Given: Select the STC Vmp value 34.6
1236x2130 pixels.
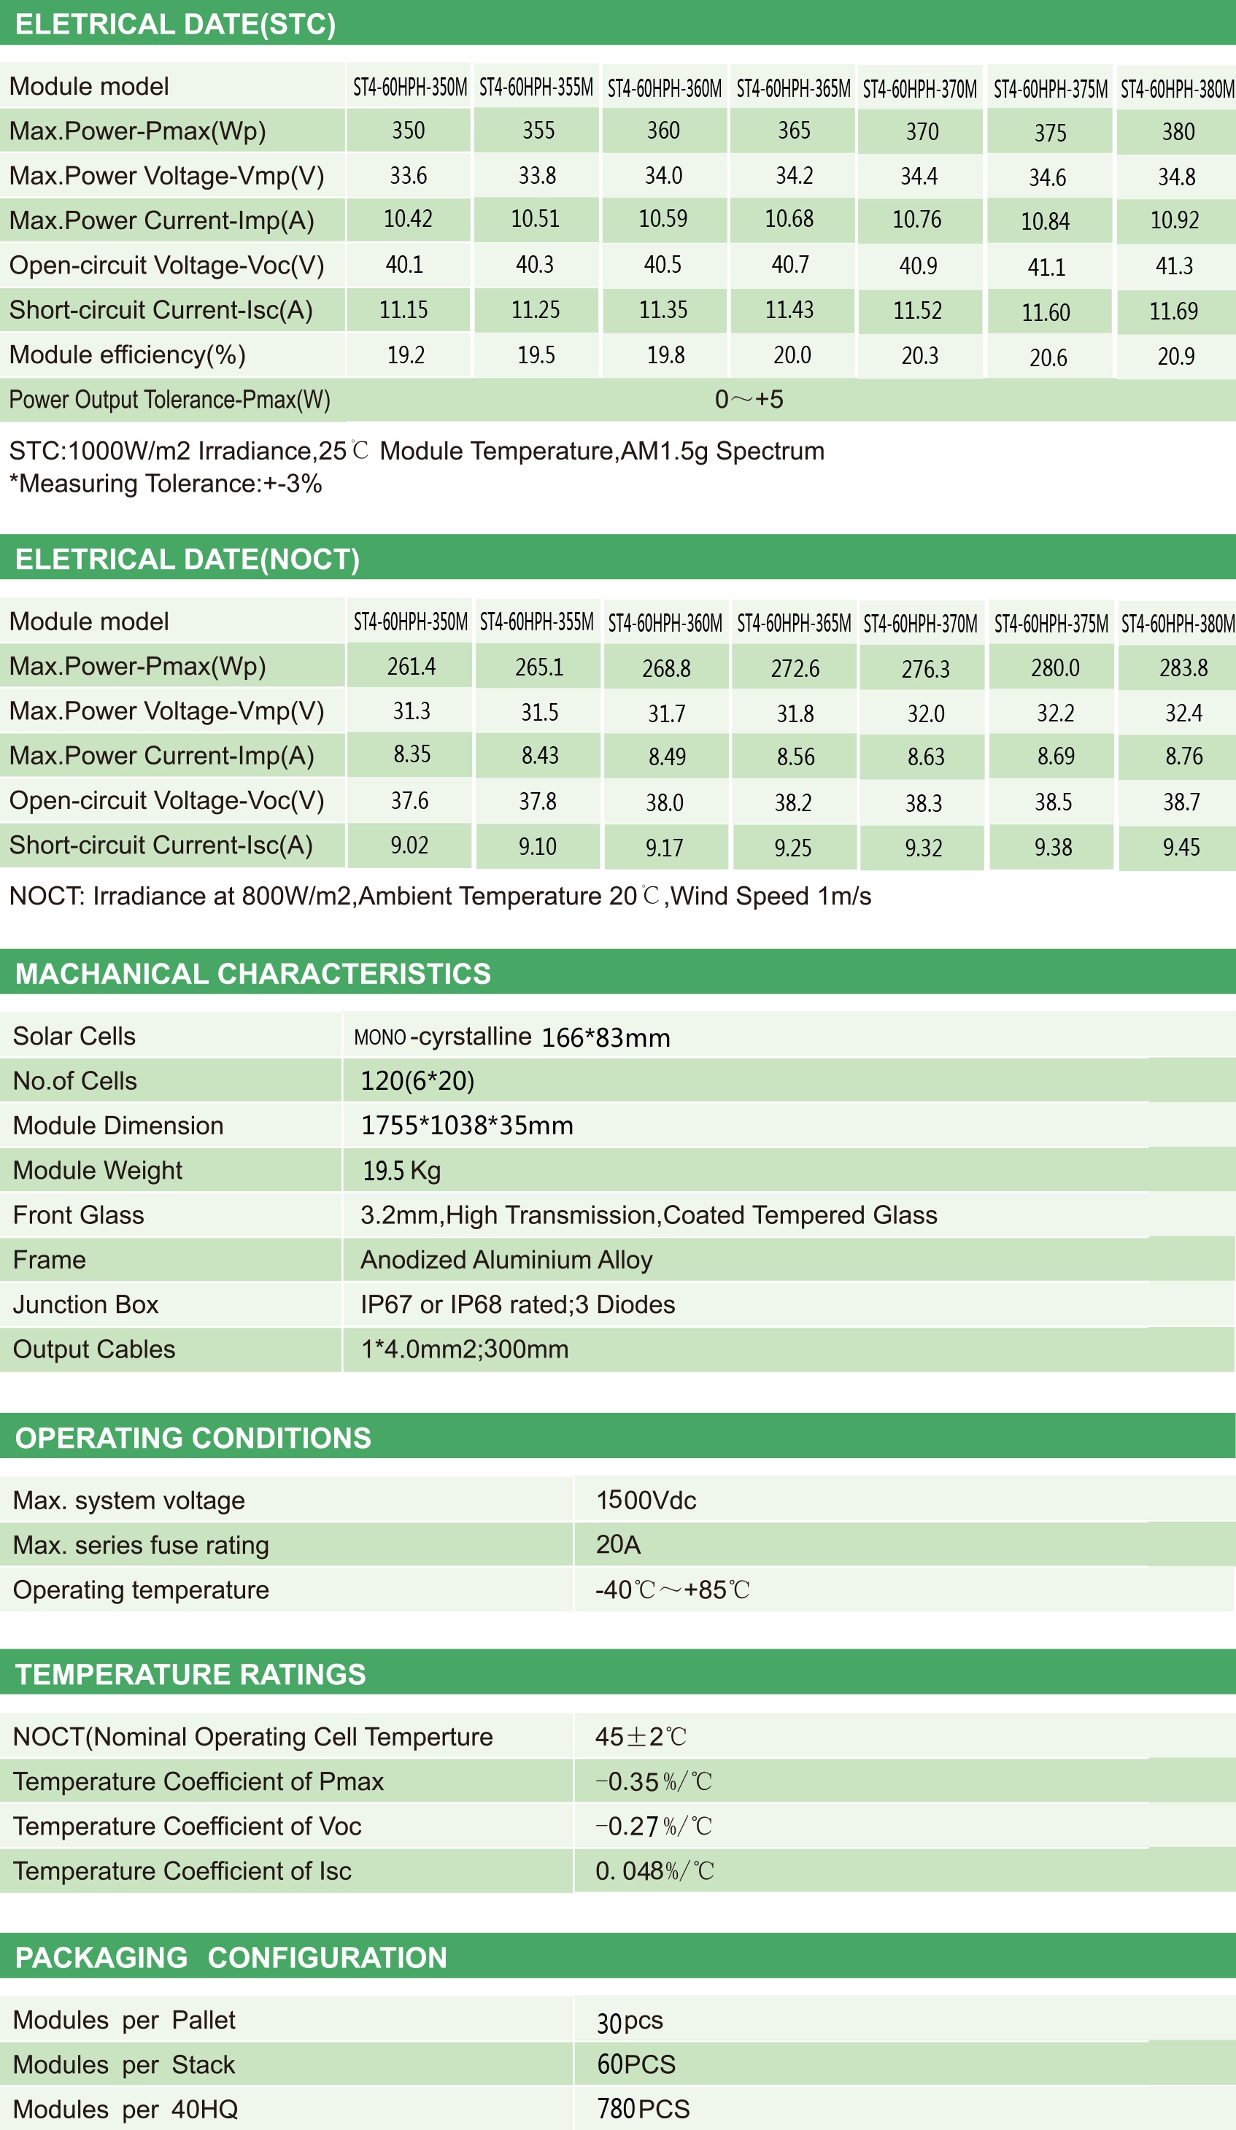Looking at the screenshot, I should point(1048,177).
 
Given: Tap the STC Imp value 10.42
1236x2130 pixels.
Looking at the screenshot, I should point(407,219).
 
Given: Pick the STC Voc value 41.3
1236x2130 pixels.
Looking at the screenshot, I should point(1174,266).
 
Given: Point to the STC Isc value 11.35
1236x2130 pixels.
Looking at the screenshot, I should point(663,310).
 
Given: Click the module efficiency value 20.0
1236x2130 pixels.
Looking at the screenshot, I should point(792,355).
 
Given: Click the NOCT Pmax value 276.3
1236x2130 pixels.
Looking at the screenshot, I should point(925,670).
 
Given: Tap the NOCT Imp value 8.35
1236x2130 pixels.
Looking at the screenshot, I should point(412,754).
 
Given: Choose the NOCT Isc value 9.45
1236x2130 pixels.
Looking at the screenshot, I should point(1181,847).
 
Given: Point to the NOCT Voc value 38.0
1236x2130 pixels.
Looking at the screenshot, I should point(665,802).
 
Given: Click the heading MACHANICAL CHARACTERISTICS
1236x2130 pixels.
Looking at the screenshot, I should point(252,974).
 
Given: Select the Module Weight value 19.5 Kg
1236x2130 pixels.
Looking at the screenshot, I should point(401,1171).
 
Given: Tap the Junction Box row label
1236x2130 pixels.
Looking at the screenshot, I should point(85,1304).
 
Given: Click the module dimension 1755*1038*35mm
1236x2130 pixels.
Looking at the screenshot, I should point(467,1126).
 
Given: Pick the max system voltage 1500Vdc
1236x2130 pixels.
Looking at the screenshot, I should point(646,1500).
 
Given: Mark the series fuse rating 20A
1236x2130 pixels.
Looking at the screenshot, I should point(618,1544).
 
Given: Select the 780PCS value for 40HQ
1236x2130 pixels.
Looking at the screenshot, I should point(644,2109).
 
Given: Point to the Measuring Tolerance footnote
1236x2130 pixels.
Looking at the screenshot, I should point(166,484).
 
